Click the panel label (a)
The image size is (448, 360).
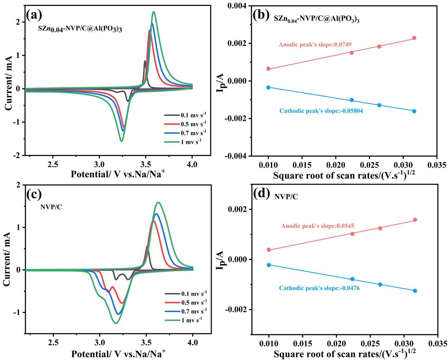coord(34,15)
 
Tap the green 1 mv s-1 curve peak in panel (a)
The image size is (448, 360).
coord(154,12)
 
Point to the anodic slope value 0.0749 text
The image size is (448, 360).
coord(315,44)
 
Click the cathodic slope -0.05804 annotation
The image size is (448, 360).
coord(321,111)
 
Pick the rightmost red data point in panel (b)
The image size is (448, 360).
coord(414,38)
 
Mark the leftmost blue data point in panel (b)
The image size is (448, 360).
coord(268,87)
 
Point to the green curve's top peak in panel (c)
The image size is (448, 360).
coord(158,202)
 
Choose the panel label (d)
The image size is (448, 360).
coord(262,194)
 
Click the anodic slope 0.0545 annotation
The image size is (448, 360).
coord(317,226)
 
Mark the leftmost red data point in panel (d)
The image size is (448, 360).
coord(269,250)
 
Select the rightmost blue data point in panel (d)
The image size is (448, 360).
coord(415,291)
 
